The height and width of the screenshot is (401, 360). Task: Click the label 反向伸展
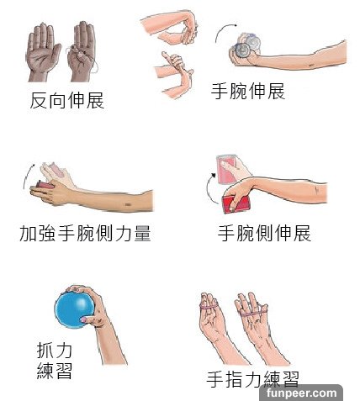(67, 100)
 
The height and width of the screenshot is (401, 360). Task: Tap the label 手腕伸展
(248, 91)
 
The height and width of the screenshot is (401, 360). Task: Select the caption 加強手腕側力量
(85, 233)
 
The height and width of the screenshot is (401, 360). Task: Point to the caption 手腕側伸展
(264, 233)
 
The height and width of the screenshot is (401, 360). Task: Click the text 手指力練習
(252, 379)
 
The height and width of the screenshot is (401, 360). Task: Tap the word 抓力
(55, 350)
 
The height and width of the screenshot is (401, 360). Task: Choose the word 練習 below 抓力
(55, 371)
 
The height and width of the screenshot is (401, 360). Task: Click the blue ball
(73, 309)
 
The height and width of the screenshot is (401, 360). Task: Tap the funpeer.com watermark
(301, 393)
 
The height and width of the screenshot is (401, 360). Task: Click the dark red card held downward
(236, 203)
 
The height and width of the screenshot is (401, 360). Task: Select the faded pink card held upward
(226, 169)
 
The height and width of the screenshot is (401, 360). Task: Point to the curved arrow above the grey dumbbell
(224, 31)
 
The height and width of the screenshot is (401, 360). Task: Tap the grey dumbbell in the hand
(246, 47)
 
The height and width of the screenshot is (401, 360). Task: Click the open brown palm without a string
(43, 52)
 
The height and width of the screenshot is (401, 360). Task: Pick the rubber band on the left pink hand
(210, 307)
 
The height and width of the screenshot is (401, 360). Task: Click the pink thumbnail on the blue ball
(84, 319)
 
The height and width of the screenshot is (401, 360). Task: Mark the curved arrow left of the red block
(28, 176)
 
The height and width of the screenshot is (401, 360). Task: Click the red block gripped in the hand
(45, 185)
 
